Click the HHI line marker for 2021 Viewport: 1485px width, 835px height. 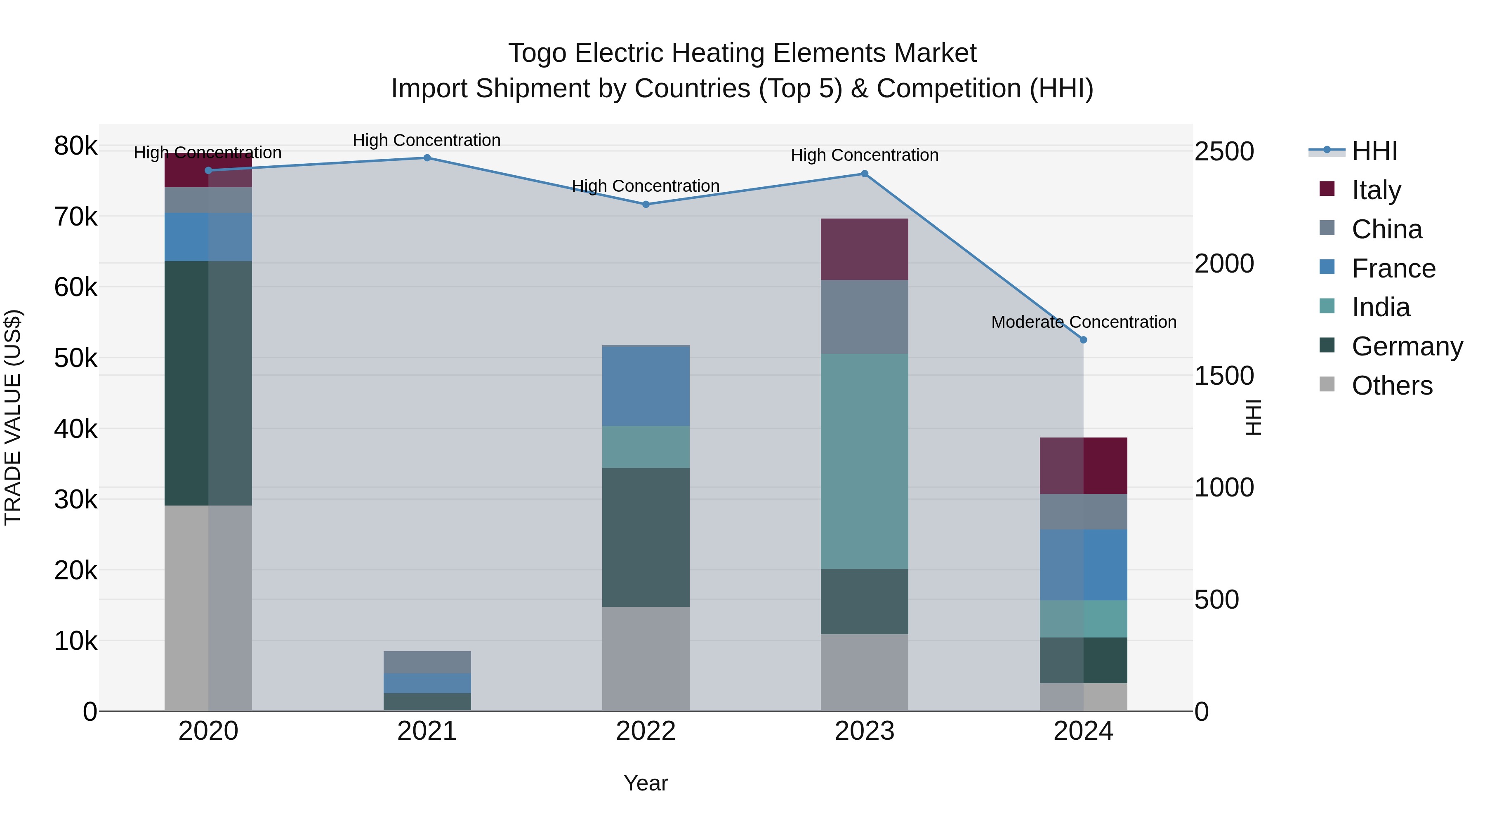(x=427, y=158)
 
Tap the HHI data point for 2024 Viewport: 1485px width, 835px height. (x=1083, y=340)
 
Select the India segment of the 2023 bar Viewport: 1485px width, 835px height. (x=864, y=461)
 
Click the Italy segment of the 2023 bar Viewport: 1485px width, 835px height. (x=864, y=249)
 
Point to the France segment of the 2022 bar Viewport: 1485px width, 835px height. (x=646, y=386)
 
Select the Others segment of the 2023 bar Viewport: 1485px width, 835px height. (x=864, y=673)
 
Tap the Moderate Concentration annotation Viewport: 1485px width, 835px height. (x=1083, y=322)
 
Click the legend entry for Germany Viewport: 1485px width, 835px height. (x=1407, y=346)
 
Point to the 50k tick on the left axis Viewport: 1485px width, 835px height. (x=75, y=358)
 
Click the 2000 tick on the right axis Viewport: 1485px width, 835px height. (x=1224, y=264)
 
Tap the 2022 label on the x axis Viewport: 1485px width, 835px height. (x=646, y=731)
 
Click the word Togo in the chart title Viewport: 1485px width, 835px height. (x=537, y=53)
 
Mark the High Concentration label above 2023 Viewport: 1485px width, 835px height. (x=864, y=155)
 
